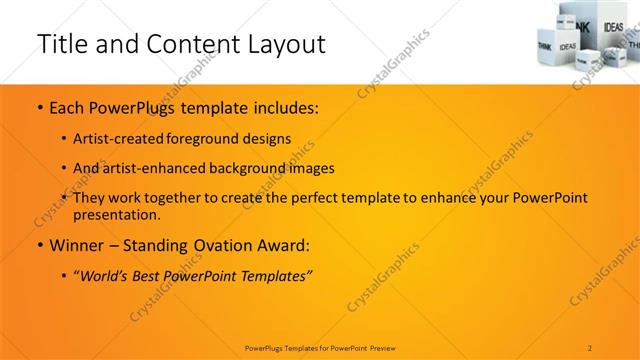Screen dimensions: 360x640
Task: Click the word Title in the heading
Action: (x=58, y=44)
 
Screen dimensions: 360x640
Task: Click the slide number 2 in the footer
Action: (x=589, y=347)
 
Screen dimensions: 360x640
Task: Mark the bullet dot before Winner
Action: (x=39, y=245)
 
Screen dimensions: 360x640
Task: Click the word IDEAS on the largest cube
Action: (x=567, y=46)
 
